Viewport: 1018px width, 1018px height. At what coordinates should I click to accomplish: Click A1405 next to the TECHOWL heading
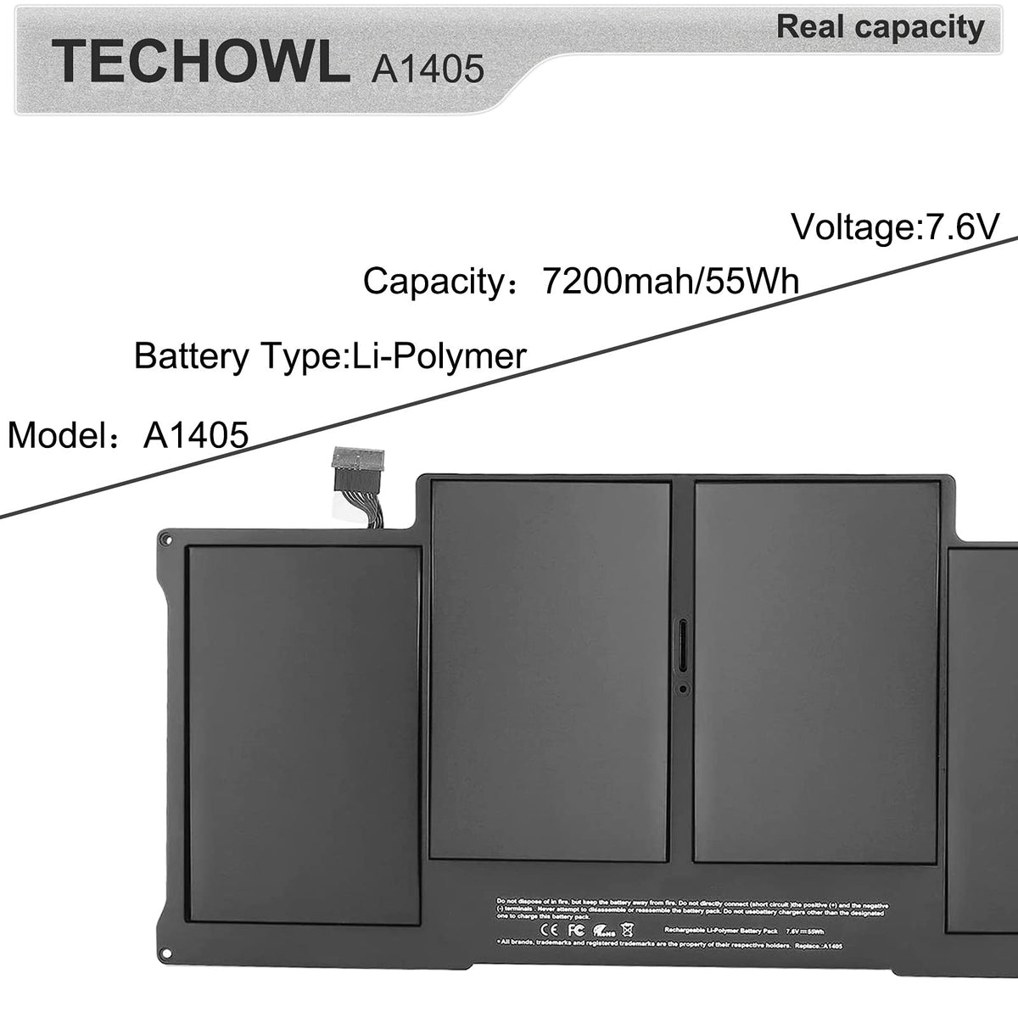[428, 66]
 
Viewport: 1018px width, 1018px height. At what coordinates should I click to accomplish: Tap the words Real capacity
[880, 27]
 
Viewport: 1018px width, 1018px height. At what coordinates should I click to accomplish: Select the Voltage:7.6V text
[896, 227]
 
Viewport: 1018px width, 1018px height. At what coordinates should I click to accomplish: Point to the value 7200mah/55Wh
[670, 280]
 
